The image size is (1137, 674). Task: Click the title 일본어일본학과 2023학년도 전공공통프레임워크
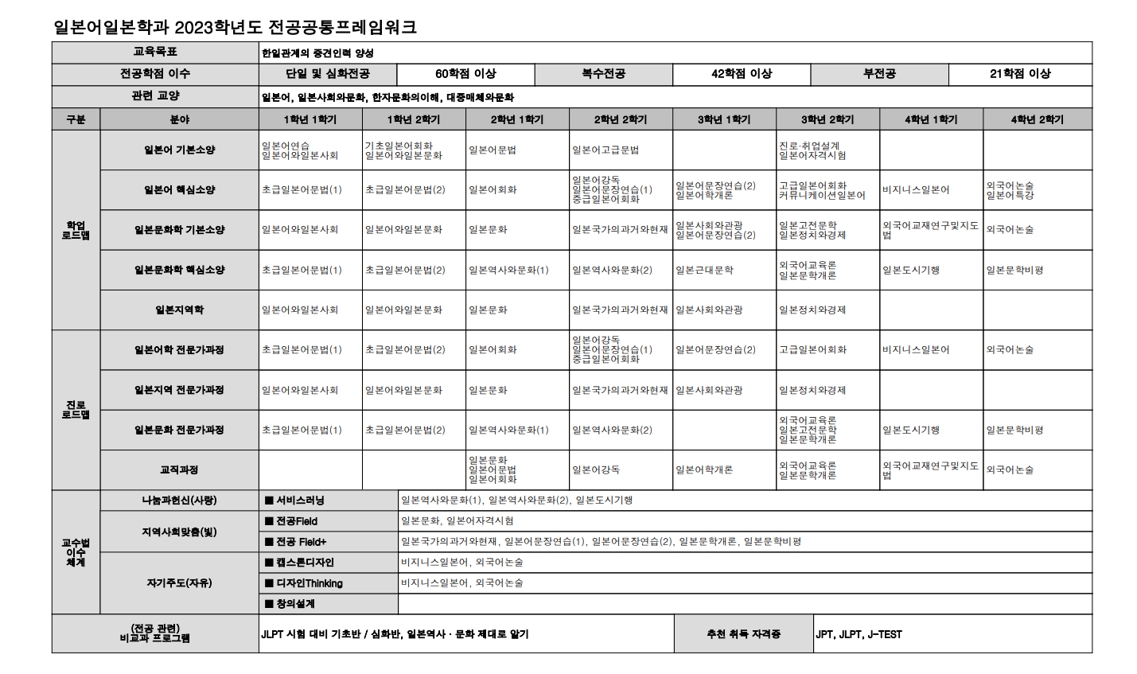tap(235, 27)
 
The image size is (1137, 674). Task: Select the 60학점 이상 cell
tap(465, 74)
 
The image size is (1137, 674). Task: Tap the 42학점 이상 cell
tap(742, 74)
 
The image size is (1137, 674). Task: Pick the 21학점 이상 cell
tap(1020, 74)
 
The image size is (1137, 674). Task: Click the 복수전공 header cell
tap(603, 74)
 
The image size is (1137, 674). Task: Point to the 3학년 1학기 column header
tap(724, 119)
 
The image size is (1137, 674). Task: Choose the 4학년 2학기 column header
tap(1037, 119)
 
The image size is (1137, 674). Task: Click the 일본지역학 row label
tap(179, 310)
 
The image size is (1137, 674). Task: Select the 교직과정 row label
tap(179, 469)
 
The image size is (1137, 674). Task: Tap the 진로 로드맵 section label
tap(76, 410)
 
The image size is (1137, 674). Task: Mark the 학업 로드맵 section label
tap(76, 230)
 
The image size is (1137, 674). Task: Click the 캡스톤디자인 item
tap(305, 563)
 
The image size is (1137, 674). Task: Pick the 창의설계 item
tap(295, 604)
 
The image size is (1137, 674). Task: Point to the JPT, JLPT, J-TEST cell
tap(859, 634)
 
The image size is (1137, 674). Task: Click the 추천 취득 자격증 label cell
tap(743, 634)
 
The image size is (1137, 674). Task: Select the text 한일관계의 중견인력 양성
tap(317, 53)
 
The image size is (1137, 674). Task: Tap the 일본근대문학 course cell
tap(704, 270)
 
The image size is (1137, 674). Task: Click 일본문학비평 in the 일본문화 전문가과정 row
tap(1014, 430)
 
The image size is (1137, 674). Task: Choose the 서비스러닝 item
tap(300, 501)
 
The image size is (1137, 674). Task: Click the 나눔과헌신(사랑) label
tap(179, 501)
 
